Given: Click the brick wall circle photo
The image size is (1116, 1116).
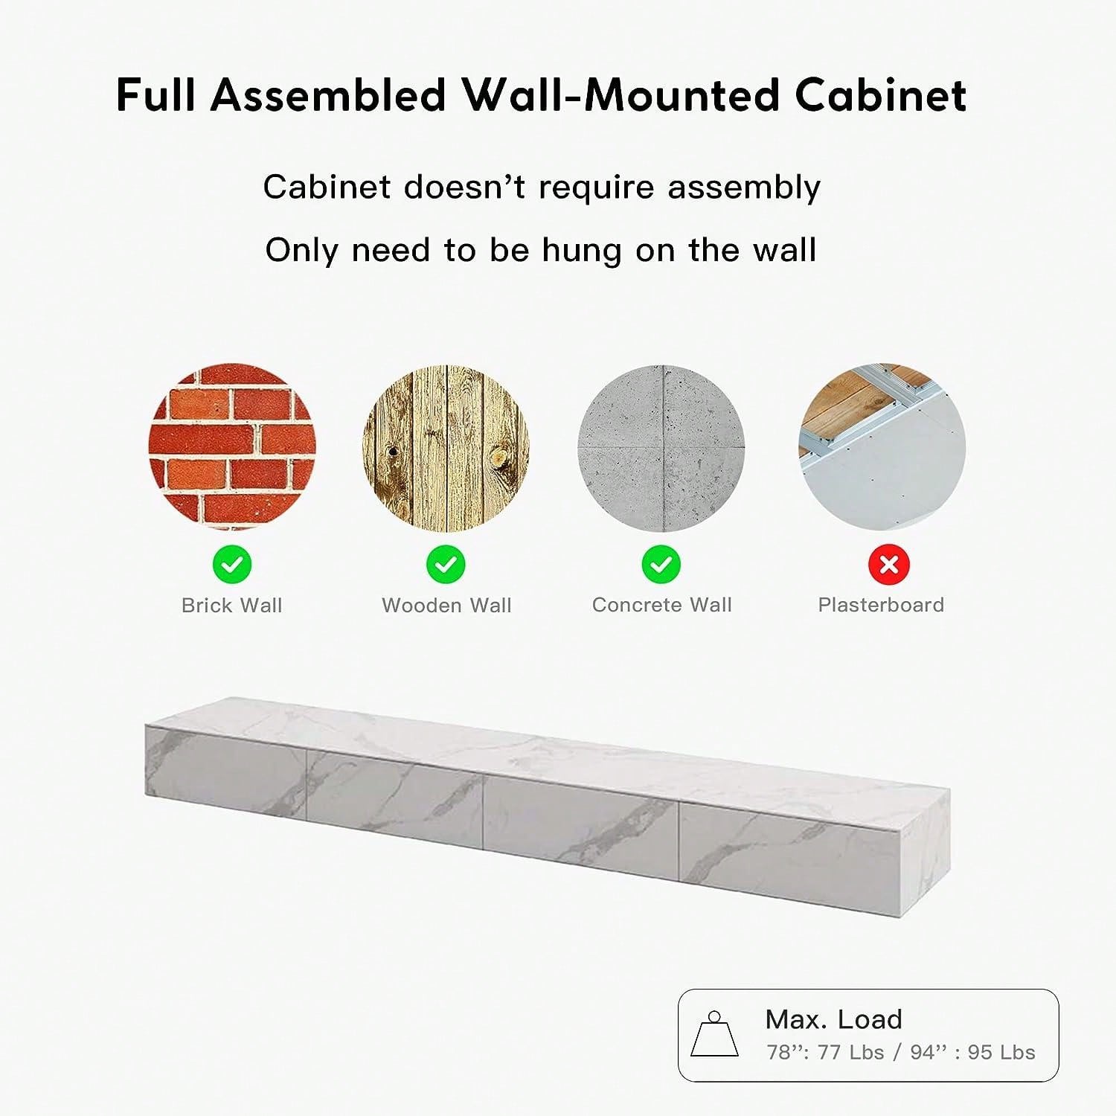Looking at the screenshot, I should [232, 447].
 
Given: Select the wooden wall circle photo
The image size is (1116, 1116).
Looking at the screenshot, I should [446, 447].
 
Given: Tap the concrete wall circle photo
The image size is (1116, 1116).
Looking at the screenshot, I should [661, 447].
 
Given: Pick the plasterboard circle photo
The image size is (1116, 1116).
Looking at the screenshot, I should [882, 447].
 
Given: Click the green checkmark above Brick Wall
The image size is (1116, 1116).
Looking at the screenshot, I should [232, 565].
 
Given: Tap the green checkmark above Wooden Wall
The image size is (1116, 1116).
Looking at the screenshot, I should [446, 565].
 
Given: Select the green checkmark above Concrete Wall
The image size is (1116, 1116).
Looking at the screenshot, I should [661, 565].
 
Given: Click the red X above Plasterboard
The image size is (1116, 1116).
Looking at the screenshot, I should [888, 565].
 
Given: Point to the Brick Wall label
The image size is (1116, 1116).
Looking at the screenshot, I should [232, 606].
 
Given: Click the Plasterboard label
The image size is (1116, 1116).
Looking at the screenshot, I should [881, 605].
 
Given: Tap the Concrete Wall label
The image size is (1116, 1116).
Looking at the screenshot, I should [662, 605].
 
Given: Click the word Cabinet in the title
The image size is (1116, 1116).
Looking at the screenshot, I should [880, 95].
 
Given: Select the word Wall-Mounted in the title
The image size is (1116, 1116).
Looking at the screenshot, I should [620, 95].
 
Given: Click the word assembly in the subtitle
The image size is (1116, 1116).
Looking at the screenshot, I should [744, 187].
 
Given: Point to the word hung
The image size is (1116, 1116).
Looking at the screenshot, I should [581, 251].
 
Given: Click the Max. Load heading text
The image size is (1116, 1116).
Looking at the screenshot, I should [833, 1019].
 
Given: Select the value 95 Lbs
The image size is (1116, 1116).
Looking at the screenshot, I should [1001, 1052].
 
